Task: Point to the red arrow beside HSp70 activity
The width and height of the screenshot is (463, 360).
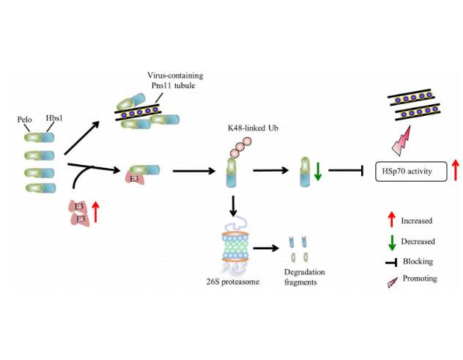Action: coord(456,171)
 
